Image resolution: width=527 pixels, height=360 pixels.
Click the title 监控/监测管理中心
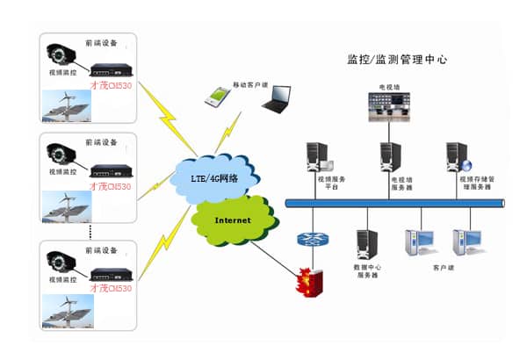pyautogui.click(x=398, y=61)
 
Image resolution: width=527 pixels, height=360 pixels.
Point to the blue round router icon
pyautogui.click(x=310, y=240)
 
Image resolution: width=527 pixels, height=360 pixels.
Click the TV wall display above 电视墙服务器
pyautogui.click(x=388, y=107)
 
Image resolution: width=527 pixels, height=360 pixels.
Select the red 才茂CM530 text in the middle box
pyautogui.click(x=111, y=186)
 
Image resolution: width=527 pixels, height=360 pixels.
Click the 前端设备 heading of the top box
pyautogui.click(x=98, y=41)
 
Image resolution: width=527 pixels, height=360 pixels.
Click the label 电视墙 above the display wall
pyautogui.click(x=388, y=88)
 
